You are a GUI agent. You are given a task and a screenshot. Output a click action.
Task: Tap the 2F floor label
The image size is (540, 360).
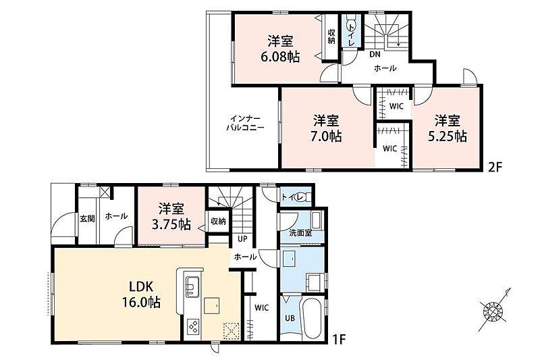(x=495, y=167)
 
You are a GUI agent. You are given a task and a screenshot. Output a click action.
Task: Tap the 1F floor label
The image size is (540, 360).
(x=339, y=340)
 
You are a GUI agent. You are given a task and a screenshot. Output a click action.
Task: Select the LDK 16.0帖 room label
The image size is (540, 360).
(x=141, y=294)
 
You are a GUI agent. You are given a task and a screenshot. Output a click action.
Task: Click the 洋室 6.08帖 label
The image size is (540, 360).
(x=280, y=49)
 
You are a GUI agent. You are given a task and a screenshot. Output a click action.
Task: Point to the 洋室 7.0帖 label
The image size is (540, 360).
(x=326, y=128)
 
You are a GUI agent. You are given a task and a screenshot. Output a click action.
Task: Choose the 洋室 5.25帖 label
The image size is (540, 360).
(x=447, y=128)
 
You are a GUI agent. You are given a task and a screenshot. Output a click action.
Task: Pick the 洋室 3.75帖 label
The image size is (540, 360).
(x=171, y=216)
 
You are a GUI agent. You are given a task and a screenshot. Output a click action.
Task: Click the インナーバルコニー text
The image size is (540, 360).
(x=245, y=123)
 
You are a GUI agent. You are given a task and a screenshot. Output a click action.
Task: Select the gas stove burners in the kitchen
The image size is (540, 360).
(x=193, y=326)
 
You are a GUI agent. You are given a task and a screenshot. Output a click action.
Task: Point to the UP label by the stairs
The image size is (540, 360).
(x=242, y=238)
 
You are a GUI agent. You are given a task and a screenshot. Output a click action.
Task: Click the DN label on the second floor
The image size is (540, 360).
(x=375, y=55)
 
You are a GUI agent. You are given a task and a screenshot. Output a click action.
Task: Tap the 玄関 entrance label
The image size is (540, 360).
(x=88, y=218)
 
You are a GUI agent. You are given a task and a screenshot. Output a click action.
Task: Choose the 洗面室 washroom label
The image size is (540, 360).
(x=300, y=233)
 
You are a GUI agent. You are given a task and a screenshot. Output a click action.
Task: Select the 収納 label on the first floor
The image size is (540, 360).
(x=218, y=221)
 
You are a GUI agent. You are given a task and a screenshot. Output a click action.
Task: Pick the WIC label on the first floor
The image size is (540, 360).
(x=261, y=307)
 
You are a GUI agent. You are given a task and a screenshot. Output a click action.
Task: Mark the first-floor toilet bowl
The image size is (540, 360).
(x=304, y=197)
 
